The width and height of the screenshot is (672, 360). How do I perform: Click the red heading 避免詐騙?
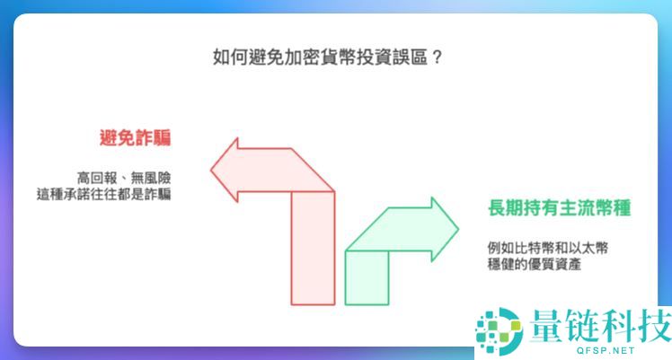(136, 138)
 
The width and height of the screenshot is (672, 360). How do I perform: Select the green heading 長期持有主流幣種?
(545, 209)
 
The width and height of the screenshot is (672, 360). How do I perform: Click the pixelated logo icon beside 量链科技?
(499, 329)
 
